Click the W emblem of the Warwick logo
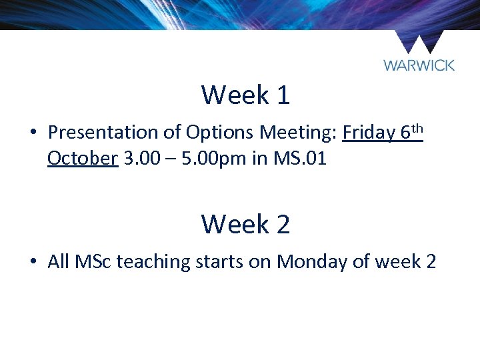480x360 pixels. (x=419, y=43)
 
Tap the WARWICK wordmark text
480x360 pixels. (x=419, y=65)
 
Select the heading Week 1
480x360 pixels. (x=245, y=95)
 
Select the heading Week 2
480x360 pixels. (x=245, y=223)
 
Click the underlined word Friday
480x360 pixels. (x=369, y=133)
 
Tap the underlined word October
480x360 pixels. (x=83, y=159)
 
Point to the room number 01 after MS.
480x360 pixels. (x=314, y=159)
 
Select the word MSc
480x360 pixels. (x=93, y=261)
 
